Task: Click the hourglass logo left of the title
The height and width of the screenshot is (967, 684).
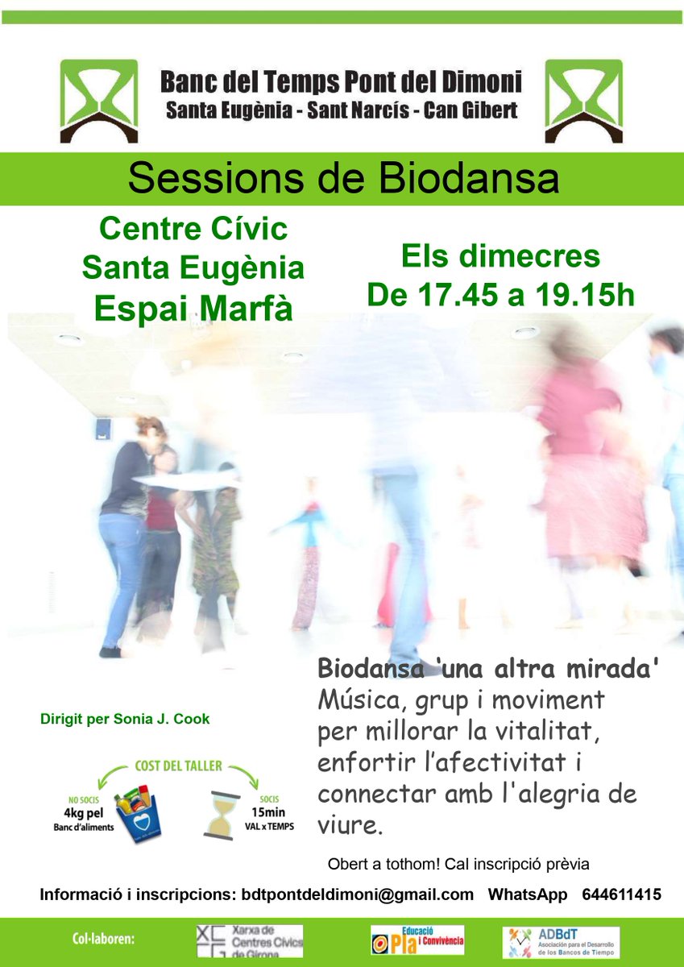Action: (x=99, y=101)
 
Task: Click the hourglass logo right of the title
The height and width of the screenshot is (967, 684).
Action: (x=584, y=101)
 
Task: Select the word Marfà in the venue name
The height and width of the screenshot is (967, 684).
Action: (x=248, y=309)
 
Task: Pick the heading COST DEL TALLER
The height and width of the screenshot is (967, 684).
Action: (x=178, y=766)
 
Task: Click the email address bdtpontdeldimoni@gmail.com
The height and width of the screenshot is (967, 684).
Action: (x=358, y=894)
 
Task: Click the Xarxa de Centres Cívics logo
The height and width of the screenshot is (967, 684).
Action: (x=250, y=941)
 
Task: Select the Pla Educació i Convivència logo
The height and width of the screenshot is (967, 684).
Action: (x=417, y=940)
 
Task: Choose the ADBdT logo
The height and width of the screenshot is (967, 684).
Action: (x=561, y=942)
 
